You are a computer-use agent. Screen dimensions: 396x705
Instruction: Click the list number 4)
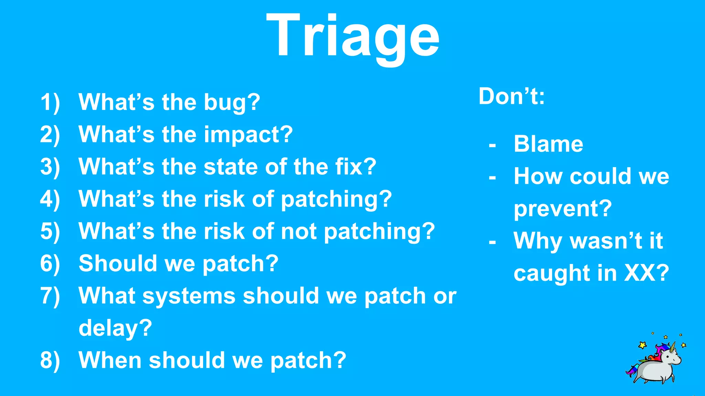tap(50, 199)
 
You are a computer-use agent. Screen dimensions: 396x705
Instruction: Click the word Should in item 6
tap(117, 263)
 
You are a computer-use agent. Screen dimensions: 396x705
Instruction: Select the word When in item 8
tap(110, 360)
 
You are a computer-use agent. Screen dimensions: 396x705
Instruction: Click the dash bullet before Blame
tap(492, 145)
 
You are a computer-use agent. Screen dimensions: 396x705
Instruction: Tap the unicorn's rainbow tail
tap(631, 371)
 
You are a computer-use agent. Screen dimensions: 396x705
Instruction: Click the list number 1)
tap(50, 102)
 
